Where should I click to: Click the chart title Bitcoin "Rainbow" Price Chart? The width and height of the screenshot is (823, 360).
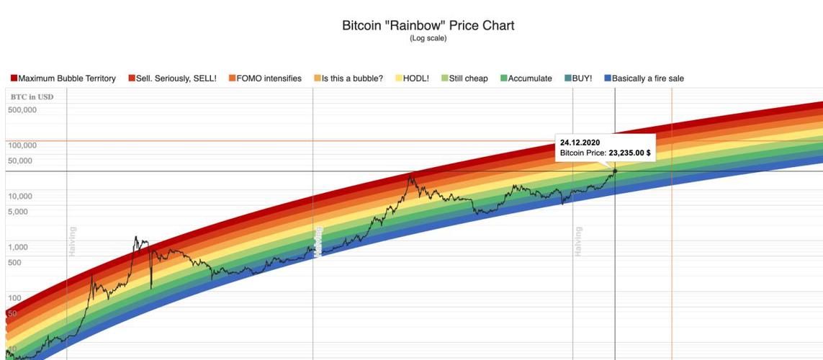click(x=428, y=25)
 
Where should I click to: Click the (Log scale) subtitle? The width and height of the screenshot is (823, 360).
click(x=428, y=38)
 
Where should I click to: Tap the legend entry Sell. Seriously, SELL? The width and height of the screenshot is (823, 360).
click(x=172, y=78)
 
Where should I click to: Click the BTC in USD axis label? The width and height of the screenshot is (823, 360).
click(x=32, y=96)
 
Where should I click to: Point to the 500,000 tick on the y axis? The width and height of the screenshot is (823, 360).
click(x=22, y=110)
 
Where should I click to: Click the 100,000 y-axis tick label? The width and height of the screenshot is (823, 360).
click(x=22, y=145)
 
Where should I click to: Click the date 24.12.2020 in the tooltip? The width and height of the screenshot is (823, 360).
click(x=580, y=143)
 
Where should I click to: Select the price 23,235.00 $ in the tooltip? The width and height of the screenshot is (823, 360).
click(x=629, y=153)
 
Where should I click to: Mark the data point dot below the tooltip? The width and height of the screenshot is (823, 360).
click(x=615, y=171)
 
